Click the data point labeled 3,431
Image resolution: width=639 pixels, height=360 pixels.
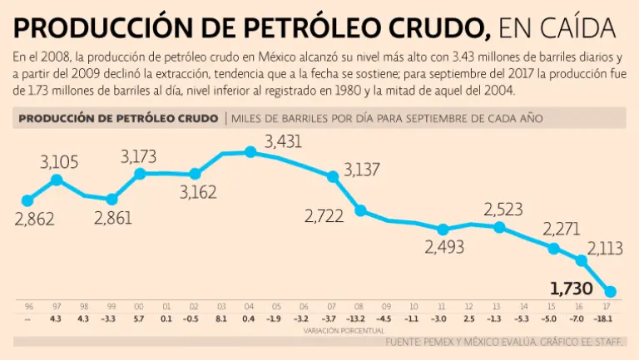pyautogui.click(x=250, y=152)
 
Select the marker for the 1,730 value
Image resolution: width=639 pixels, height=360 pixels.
pyautogui.click(x=610, y=291)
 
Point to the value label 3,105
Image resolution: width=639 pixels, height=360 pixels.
pyautogui.click(x=58, y=161)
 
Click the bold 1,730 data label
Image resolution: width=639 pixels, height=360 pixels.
pyautogui.click(x=572, y=289)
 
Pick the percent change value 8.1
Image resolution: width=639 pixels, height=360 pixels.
pyautogui.click(x=222, y=318)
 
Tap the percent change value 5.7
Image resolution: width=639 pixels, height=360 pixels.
pyautogui.click(x=139, y=318)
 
